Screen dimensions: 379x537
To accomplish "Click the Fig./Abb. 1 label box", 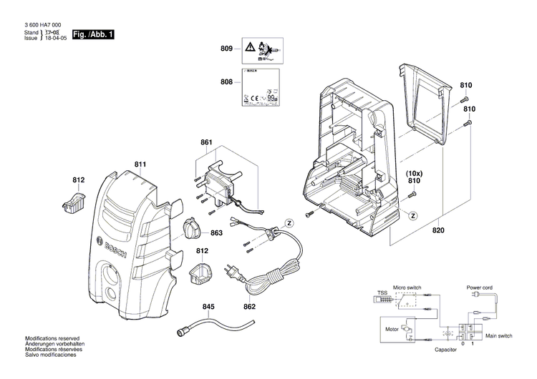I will (94, 34).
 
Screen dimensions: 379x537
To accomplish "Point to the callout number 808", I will (227, 82).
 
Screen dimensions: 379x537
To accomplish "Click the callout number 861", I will (206, 143).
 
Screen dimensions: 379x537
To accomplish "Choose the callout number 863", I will (217, 233).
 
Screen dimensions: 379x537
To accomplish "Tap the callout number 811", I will (140, 166).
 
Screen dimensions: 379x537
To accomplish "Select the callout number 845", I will (208, 307).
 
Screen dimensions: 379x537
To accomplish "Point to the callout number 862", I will (249, 307).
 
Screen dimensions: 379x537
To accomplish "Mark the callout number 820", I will (438, 230).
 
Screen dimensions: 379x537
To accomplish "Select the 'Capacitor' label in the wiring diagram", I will (445, 351).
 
